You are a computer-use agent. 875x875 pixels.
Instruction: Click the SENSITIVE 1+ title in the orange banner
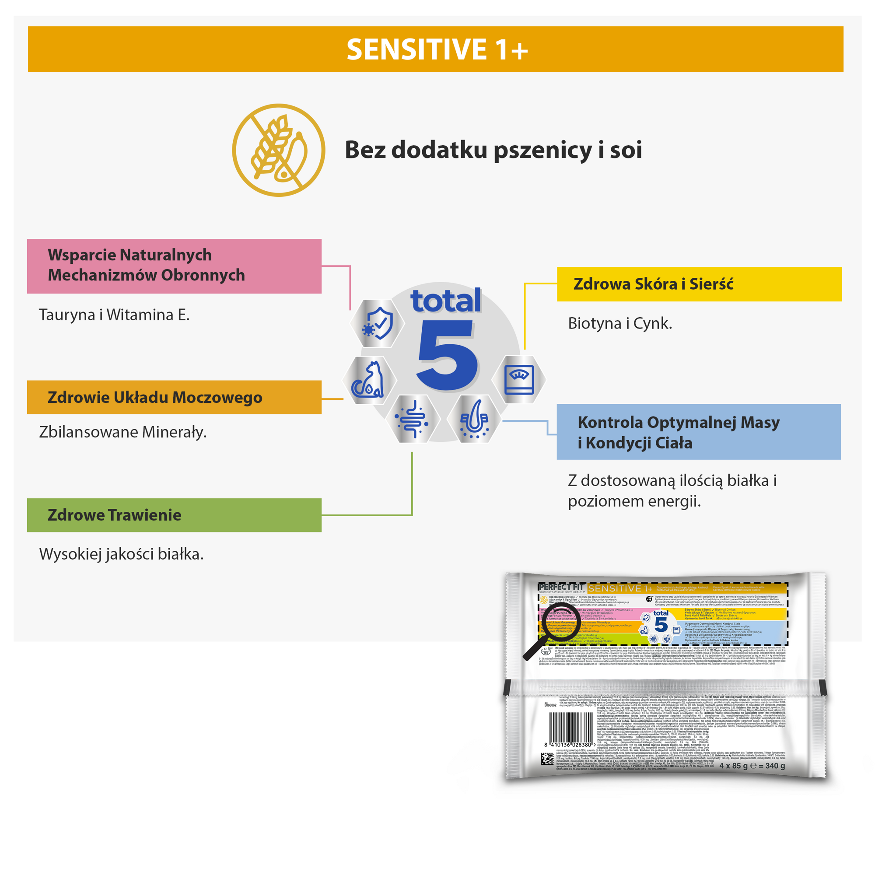point(437,49)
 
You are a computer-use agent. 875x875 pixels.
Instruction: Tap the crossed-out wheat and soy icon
point(279,150)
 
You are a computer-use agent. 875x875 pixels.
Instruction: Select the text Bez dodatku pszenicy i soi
point(493,150)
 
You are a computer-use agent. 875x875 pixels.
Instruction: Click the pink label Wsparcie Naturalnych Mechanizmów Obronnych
point(174,266)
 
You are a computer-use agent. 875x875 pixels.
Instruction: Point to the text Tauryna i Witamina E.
point(114,315)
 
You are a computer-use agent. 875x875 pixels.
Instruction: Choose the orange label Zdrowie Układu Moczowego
point(174,397)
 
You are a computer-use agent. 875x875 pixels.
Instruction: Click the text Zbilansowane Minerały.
point(123,432)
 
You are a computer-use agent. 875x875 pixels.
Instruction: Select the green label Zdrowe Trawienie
point(174,515)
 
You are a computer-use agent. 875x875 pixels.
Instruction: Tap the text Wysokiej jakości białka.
point(121,554)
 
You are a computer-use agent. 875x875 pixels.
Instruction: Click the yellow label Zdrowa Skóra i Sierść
point(699,284)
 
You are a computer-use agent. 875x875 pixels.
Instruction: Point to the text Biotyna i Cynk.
point(619,323)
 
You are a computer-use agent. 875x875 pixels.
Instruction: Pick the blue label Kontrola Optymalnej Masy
point(698,432)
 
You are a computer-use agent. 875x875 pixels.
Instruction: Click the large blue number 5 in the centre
point(447,355)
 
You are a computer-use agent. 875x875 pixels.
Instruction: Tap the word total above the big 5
point(446,301)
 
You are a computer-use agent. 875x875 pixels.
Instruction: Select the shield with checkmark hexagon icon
point(377,323)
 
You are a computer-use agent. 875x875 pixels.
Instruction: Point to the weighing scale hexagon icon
point(519,379)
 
